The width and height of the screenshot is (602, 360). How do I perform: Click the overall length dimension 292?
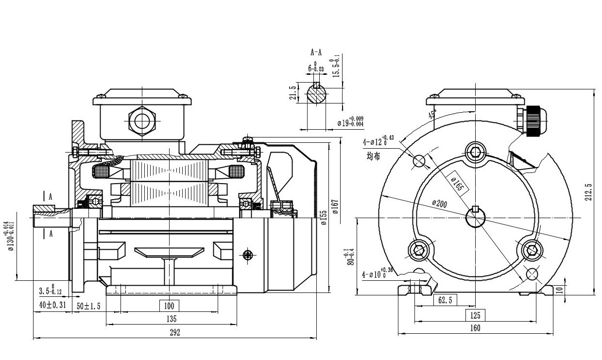point(175,333)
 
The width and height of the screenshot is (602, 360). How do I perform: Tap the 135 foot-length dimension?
point(171,319)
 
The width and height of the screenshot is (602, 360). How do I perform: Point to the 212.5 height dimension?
point(589,192)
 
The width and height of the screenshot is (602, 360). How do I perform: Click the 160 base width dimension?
point(475,328)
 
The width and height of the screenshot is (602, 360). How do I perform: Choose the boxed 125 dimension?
point(475,314)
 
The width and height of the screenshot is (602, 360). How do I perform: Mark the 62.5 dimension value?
point(445,301)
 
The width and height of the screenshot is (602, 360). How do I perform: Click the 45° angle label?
point(432,115)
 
